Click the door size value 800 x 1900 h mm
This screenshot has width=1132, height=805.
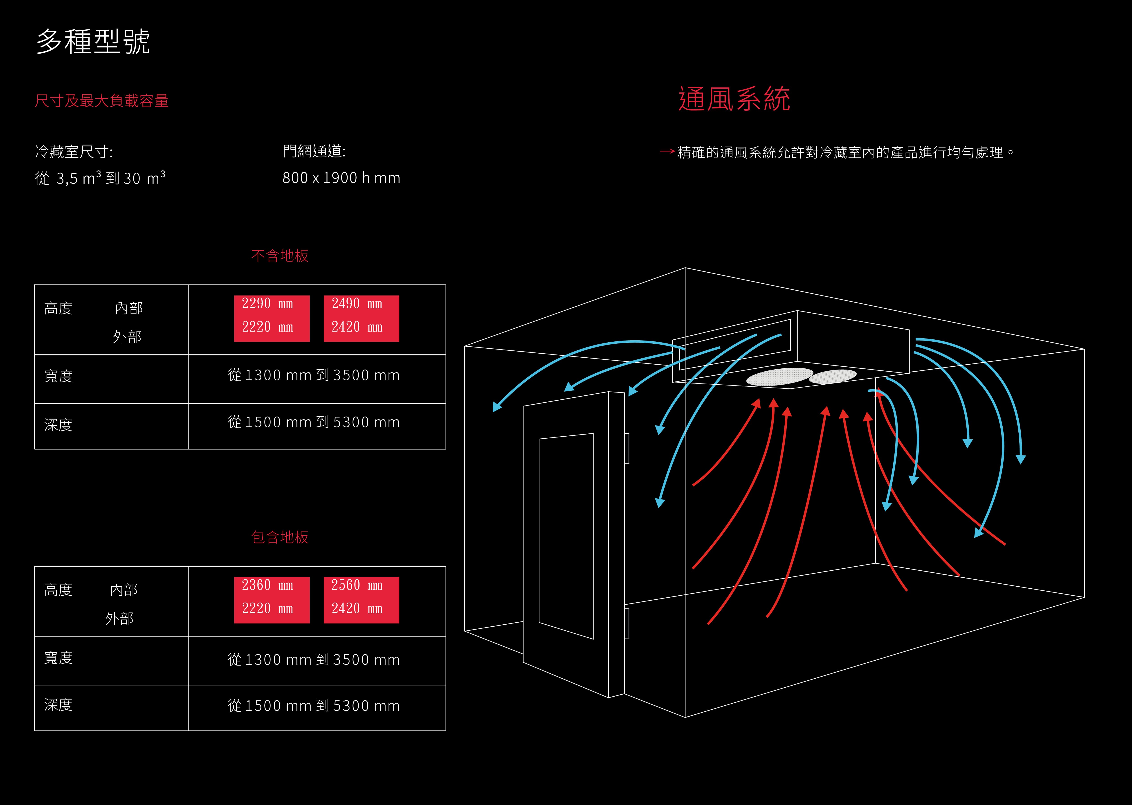pos(341,177)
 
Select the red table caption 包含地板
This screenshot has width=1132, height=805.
pos(280,537)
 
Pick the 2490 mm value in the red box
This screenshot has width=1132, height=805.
pos(357,303)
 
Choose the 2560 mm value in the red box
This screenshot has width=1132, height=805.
pos(357,585)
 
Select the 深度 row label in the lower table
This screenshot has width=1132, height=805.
pos(58,704)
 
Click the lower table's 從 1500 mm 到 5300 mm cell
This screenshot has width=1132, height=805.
pos(313,705)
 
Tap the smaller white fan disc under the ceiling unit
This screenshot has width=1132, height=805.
pos(833,376)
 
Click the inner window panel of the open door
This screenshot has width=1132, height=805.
pos(566,535)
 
